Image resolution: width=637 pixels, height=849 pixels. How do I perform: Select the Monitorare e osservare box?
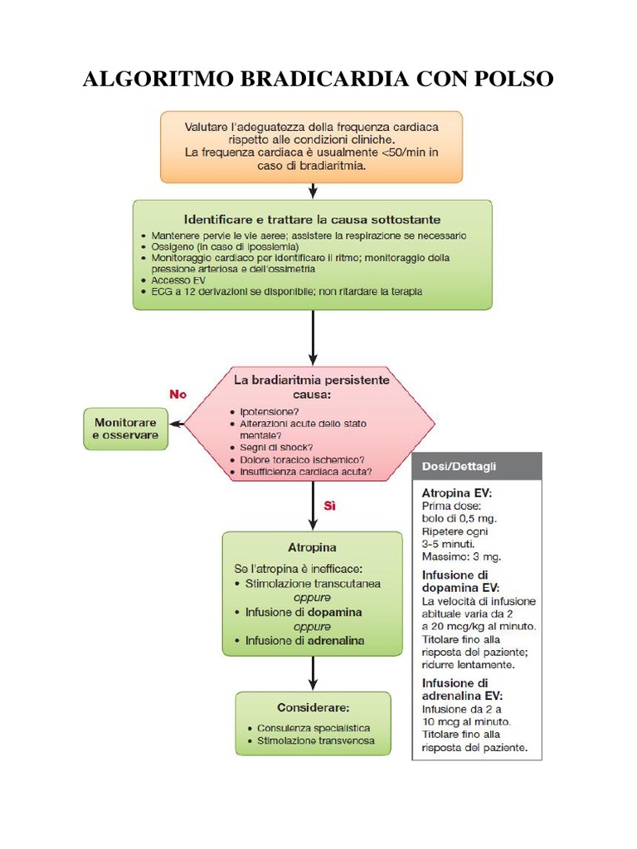(125, 429)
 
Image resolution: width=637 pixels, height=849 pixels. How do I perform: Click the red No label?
(178, 395)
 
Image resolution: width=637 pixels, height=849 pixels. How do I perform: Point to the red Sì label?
(329, 505)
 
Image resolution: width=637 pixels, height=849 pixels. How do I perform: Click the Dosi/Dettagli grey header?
(476, 467)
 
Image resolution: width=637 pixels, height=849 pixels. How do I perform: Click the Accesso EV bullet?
(177, 280)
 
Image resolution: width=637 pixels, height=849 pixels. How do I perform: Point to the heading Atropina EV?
(456, 492)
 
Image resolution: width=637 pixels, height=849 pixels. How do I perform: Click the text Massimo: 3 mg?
(461, 556)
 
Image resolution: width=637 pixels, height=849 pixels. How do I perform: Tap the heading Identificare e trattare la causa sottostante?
(312, 220)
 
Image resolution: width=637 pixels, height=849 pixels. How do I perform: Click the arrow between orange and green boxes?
(313, 191)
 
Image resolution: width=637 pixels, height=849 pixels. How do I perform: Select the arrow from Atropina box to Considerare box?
(313, 673)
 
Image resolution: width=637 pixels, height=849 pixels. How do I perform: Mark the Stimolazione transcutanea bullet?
(313, 584)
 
